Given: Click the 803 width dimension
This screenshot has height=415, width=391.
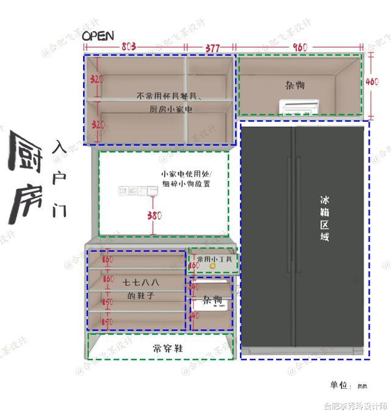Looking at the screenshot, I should pos(128,46).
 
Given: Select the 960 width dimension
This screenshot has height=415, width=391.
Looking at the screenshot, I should pos(300,47).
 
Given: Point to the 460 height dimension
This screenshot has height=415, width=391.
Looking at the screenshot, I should pos(372,81).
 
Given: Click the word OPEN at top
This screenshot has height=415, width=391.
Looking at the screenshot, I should pos(98,36).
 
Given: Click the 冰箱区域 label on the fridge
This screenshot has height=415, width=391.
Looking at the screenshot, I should pos(324,218).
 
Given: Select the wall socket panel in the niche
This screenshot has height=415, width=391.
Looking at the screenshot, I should pos(134,191).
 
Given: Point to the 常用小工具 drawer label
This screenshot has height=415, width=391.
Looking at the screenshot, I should pos(214,260).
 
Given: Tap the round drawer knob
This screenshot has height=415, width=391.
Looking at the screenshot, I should pos(213,266).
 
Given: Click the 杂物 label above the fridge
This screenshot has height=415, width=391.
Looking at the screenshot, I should pos(294,85).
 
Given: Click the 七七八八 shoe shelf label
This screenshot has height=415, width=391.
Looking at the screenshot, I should pos(141,283).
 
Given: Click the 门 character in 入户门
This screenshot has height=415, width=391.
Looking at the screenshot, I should pos(59,210).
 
